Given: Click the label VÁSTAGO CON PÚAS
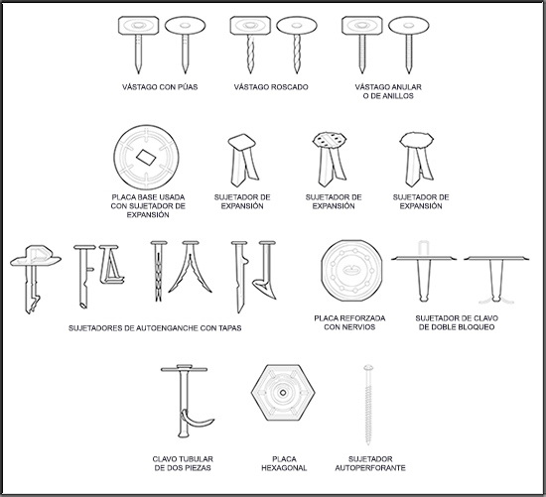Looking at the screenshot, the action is click(160, 87).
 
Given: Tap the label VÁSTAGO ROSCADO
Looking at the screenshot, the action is click(271, 87).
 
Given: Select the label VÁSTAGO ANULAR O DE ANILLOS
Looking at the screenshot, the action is click(388, 91).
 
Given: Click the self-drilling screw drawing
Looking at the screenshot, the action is click(368, 405).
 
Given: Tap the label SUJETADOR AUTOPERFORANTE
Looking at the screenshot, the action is click(370, 463).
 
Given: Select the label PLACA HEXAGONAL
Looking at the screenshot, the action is click(284, 463).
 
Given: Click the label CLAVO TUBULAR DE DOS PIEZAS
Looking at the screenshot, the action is click(183, 463).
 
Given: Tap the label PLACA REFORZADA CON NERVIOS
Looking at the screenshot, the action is click(349, 322).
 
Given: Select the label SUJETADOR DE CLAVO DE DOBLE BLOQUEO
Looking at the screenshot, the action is click(457, 322).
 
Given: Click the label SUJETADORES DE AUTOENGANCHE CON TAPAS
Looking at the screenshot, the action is click(155, 328).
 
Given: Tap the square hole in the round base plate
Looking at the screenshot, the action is click(146, 158).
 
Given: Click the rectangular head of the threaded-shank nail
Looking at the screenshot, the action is click(250, 26).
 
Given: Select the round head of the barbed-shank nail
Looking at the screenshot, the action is click(186, 26).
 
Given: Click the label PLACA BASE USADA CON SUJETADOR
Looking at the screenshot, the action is click(148, 201).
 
